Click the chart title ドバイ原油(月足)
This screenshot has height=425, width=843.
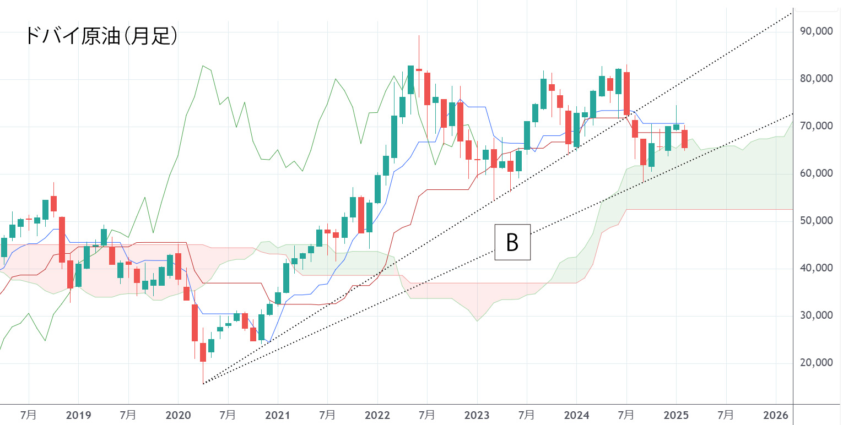coord(101,36)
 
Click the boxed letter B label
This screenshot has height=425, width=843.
coord(512,242)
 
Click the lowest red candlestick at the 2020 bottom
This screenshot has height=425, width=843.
coord(203,352)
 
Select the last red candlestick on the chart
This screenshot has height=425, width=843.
coord(684,139)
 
